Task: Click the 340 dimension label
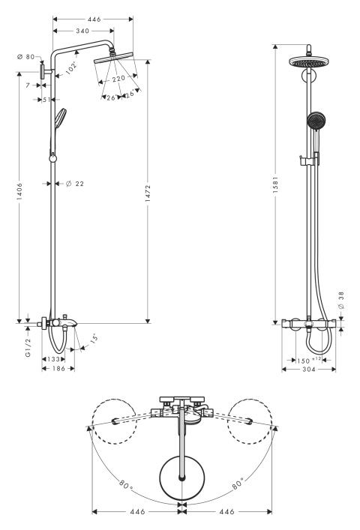coord(82,31)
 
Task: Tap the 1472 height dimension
coord(148,193)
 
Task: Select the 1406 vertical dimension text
coord(19,192)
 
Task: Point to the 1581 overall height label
coord(275,184)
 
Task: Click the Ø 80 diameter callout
coord(26,57)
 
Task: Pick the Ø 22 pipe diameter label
coord(75,184)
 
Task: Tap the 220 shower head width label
coord(118,79)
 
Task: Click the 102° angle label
coord(71,68)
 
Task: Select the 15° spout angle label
coord(94,337)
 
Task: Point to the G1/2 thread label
coord(28,348)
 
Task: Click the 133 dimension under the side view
coord(53,359)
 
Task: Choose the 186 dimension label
coord(58,368)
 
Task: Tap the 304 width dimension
coord(308,370)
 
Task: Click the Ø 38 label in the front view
coord(340,301)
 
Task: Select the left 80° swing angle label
coord(126,485)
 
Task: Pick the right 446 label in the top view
coord(226,512)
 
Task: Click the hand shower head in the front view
coord(316,121)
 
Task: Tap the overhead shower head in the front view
coord(309,62)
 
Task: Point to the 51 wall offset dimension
coord(46,100)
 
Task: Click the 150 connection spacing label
coord(303,361)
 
